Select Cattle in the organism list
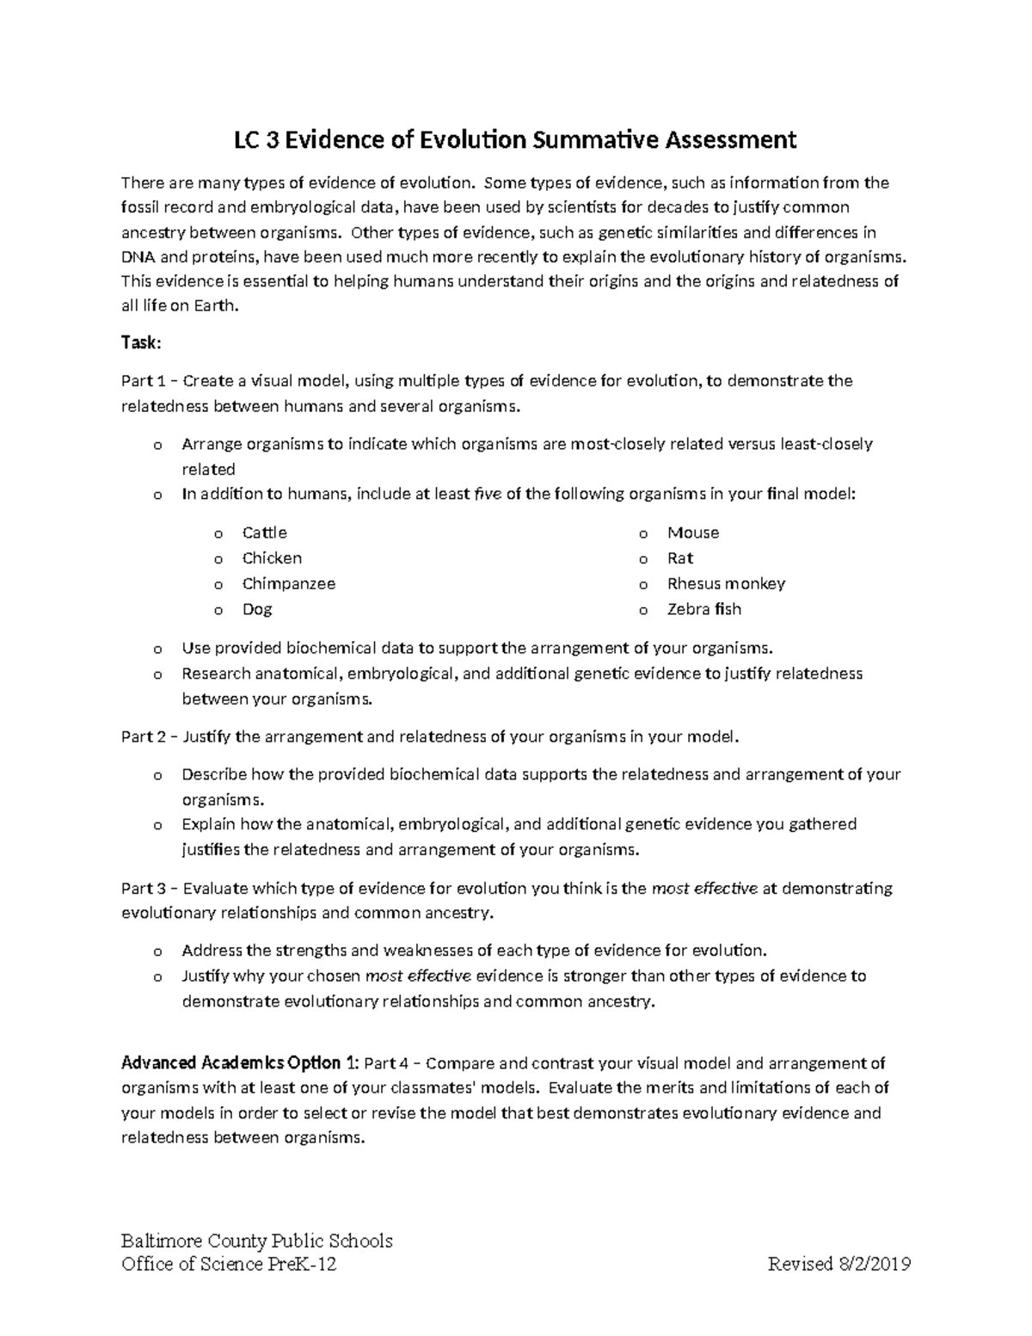coord(264,533)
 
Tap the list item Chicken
coord(272,558)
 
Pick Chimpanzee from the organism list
coord(288,583)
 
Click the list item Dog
coord(257,609)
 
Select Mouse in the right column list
coord(693,533)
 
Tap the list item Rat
coord(680,558)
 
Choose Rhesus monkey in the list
coord(726,583)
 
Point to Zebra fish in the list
coord(703,609)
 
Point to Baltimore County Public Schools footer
coord(256,1241)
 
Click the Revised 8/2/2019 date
coord(839,1264)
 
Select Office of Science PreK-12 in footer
coord(229,1264)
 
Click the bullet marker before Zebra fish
coord(643,610)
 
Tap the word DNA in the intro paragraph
coord(138,257)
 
